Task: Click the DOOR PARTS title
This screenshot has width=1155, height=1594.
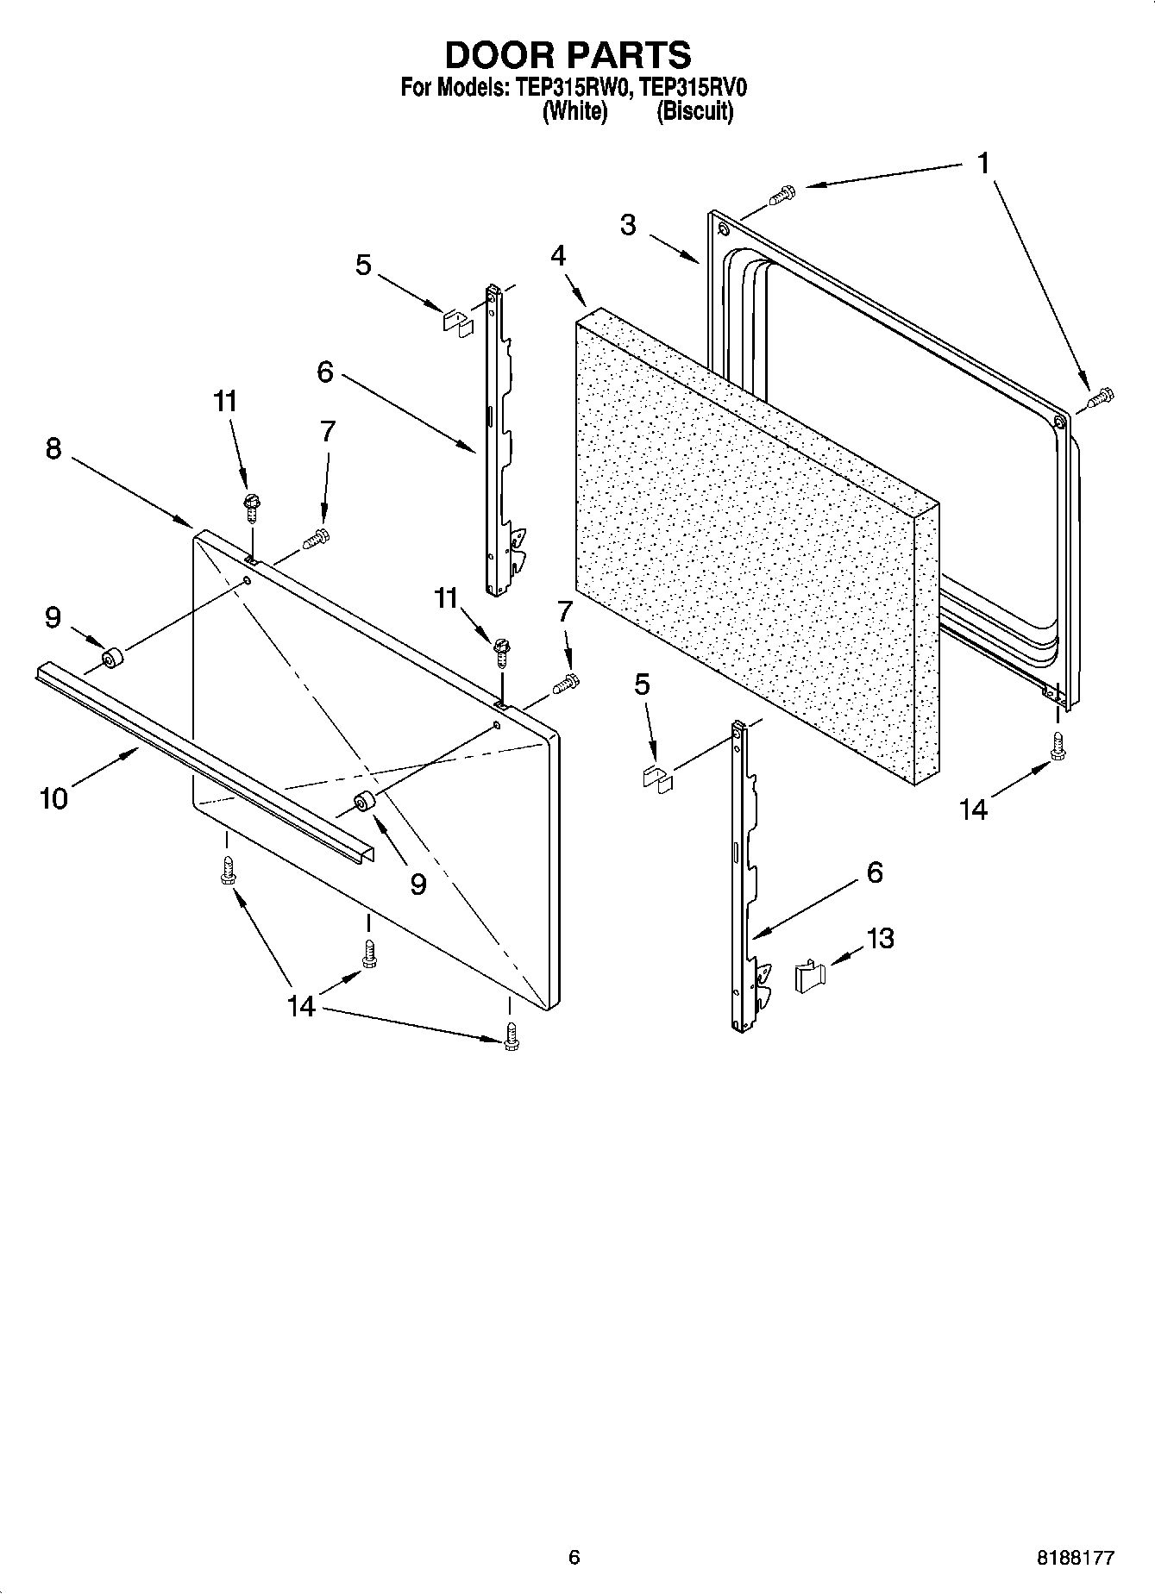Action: coord(568,54)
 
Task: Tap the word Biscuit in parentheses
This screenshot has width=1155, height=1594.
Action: coord(695,111)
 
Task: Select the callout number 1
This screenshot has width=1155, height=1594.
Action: coord(983,163)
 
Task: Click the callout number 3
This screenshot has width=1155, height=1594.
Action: coord(628,225)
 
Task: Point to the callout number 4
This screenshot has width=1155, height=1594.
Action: coord(559,256)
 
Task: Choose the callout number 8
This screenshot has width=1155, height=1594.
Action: coord(53,448)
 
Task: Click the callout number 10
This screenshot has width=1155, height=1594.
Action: coord(53,798)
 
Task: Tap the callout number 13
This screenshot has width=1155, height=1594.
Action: coord(880,938)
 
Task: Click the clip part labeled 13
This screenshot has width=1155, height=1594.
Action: coord(809,977)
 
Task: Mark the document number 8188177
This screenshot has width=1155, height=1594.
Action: coord(1074,1558)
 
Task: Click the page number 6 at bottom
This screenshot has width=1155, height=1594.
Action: coord(574,1557)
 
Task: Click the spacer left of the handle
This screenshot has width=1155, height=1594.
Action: coord(111,659)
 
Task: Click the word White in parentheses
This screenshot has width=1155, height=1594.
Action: coord(574,111)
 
